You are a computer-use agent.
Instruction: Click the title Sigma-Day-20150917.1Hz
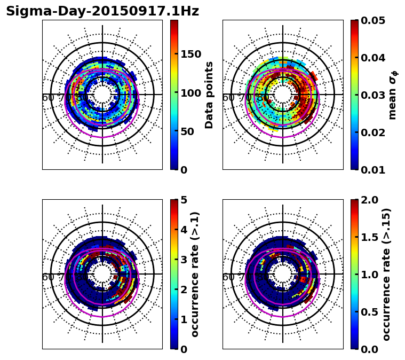(102, 11)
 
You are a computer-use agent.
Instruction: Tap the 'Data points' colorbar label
(209, 95)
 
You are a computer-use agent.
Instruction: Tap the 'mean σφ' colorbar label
(392, 95)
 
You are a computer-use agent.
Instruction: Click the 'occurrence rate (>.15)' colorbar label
(386, 274)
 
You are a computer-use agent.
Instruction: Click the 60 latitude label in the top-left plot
(47, 98)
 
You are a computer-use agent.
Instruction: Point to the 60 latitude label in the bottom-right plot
(228, 277)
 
